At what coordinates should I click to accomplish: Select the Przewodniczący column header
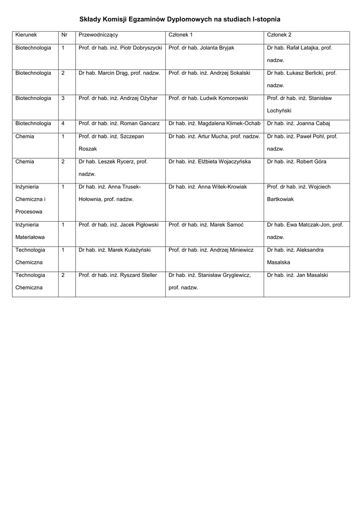(x=98, y=35)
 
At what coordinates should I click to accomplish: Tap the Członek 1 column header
(x=181, y=35)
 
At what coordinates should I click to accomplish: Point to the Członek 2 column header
(x=279, y=35)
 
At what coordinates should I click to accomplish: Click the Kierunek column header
(x=26, y=35)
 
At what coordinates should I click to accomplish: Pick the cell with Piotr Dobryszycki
(x=120, y=48)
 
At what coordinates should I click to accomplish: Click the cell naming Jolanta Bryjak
(x=201, y=48)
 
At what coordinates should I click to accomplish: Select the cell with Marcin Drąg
(x=119, y=73)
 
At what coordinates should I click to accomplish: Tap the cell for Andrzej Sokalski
(x=209, y=73)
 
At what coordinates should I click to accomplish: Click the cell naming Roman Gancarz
(x=119, y=124)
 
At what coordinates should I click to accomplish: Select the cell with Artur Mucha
(x=214, y=136)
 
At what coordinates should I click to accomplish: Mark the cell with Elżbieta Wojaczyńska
(x=210, y=162)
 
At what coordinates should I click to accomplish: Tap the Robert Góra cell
(x=296, y=162)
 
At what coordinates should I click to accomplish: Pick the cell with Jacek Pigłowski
(x=119, y=225)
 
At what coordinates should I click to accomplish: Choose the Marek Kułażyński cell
(x=114, y=250)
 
